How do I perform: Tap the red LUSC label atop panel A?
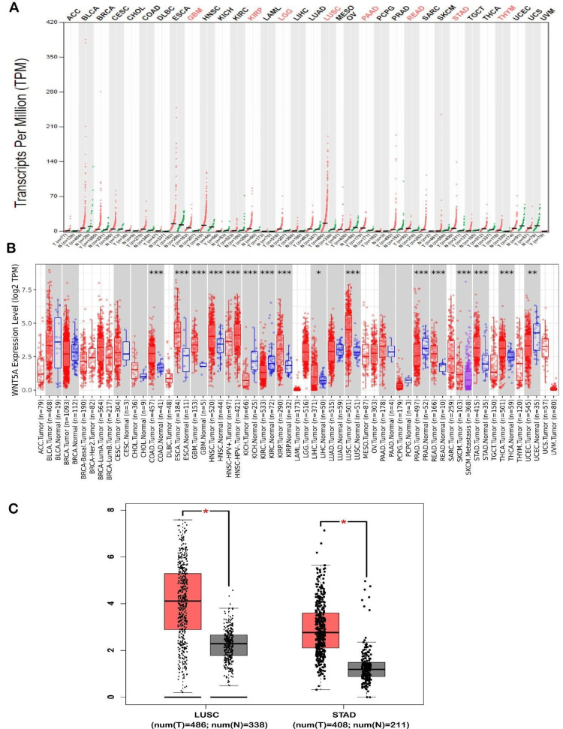330,15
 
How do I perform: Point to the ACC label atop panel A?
74,15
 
